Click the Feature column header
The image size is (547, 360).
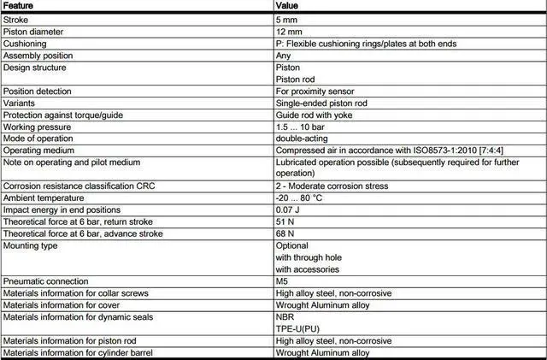(x=21, y=5)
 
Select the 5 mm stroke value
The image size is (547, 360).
(x=287, y=19)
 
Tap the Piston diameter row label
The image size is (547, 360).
(x=34, y=31)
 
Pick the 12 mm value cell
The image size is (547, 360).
(x=290, y=31)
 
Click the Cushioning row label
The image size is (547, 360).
(x=25, y=43)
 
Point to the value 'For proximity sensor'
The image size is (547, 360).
(x=315, y=90)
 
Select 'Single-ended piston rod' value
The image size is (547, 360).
(x=322, y=102)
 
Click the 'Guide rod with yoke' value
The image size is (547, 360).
(x=315, y=114)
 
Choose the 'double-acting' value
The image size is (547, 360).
(x=302, y=138)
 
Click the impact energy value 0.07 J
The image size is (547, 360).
(x=289, y=209)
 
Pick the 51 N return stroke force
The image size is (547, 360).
(x=286, y=221)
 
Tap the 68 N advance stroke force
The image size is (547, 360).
(x=286, y=233)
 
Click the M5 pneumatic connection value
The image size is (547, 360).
(x=283, y=280)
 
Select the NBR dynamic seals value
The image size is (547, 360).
(x=285, y=316)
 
